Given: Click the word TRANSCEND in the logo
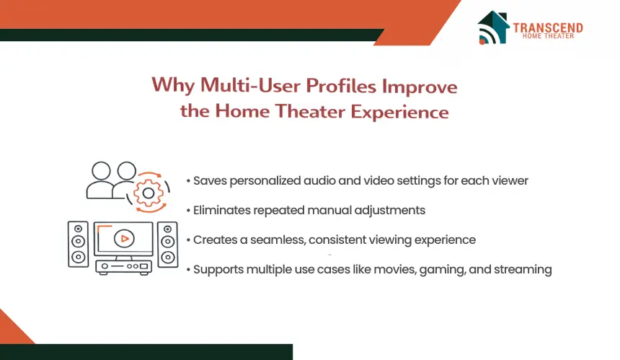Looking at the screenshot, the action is [x=548, y=27].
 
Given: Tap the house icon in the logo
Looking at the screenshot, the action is [x=493, y=27].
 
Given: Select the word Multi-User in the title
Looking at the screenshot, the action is [x=251, y=85].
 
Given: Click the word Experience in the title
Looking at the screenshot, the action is [x=399, y=112].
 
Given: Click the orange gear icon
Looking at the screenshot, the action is [x=149, y=193].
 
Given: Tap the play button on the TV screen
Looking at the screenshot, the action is [x=124, y=239].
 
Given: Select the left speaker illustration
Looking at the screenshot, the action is [x=79, y=244].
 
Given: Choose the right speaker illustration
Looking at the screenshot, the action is [x=168, y=244].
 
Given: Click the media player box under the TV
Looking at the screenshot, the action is [x=123, y=267].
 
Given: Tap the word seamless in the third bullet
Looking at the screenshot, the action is [x=278, y=240].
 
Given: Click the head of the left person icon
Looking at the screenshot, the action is [x=101, y=171].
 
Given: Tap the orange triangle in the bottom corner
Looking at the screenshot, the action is [x=14, y=328].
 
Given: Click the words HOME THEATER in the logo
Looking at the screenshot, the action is [x=548, y=36].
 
